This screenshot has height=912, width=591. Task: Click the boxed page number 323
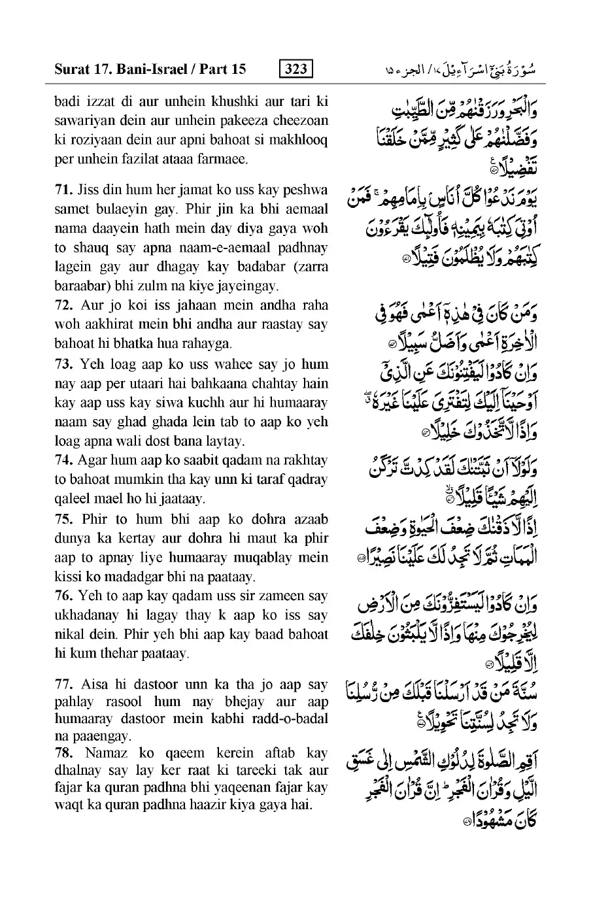coord(295,69)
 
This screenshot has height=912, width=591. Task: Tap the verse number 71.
coord(64,191)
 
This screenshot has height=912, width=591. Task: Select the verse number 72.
coord(64,305)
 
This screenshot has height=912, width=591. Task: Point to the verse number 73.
coord(64,364)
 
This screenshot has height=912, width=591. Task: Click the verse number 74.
coord(64,461)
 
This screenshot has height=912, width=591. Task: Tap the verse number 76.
coord(64,596)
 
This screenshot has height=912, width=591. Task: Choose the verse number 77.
coord(64,684)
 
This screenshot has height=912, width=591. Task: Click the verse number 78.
coord(64,752)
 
